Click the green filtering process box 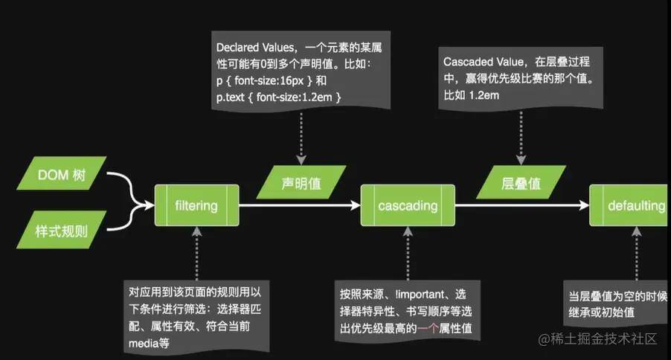196,205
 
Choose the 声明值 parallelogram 301,183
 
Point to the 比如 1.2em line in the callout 471,94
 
